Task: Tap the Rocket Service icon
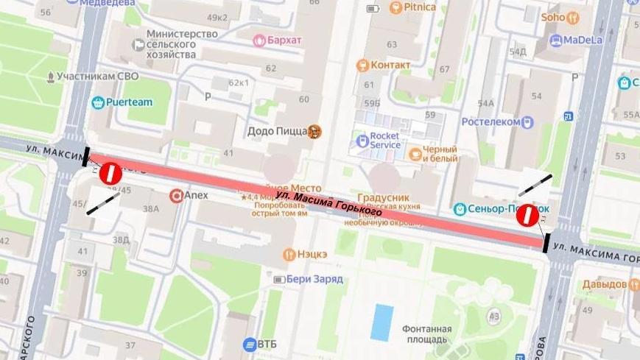[x=362, y=140]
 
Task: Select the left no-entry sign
[x=110, y=173]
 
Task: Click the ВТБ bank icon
[x=250, y=345]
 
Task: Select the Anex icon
[x=176, y=196]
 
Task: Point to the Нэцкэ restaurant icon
[x=289, y=255]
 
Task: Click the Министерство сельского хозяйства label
[x=182, y=44]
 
